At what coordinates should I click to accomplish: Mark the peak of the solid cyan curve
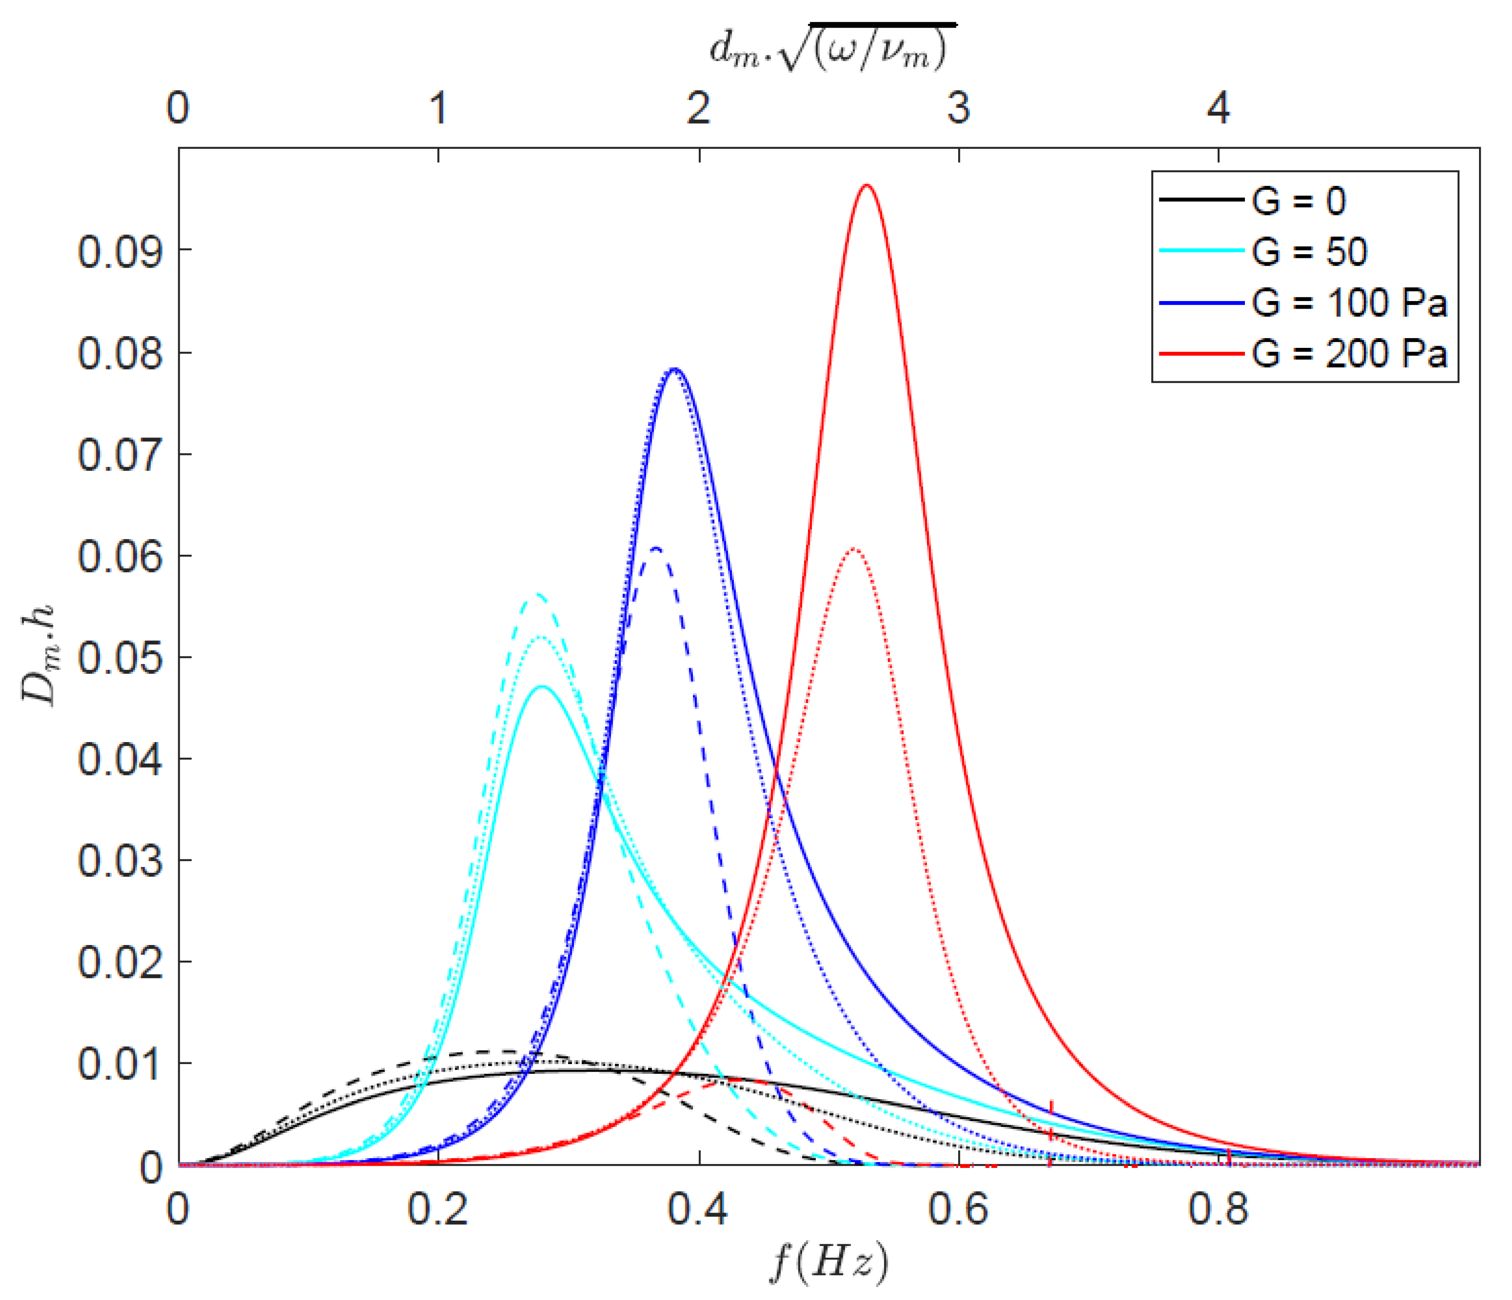tap(541, 686)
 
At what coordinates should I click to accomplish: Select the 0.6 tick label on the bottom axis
tap(958, 1209)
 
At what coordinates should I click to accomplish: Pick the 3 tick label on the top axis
tap(958, 108)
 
